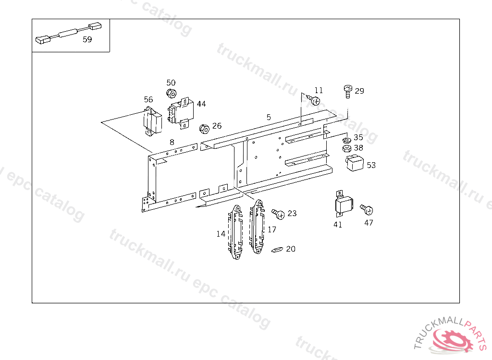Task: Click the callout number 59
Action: pyautogui.click(x=87, y=39)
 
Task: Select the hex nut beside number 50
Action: pyautogui.click(x=171, y=93)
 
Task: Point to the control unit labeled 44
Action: pyautogui.click(x=181, y=113)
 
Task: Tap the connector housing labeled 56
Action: pyautogui.click(x=152, y=121)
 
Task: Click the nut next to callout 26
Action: pyautogui.click(x=204, y=129)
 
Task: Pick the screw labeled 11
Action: pyautogui.click(x=314, y=100)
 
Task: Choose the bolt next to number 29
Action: pyautogui.click(x=348, y=91)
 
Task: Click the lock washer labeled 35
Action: pyautogui.click(x=346, y=140)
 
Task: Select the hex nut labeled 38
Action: pyautogui.click(x=346, y=148)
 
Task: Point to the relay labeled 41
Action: pyautogui.click(x=343, y=204)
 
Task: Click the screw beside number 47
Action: pyautogui.click(x=367, y=209)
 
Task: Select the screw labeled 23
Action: pyautogui.click(x=278, y=214)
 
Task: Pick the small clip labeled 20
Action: pyautogui.click(x=277, y=250)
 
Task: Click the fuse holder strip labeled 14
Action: pyautogui.click(x=235, y=232)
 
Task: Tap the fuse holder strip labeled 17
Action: pyautogui.click(x=257, y=227)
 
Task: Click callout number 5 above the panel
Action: pyautogui.click(x=269, y=117)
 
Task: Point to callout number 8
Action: pyautogui.click(x=172, y=143)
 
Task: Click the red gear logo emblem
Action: pyautogui.click(x=452, y=340)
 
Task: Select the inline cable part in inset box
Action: pyautogui.click(x=69, y=33)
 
